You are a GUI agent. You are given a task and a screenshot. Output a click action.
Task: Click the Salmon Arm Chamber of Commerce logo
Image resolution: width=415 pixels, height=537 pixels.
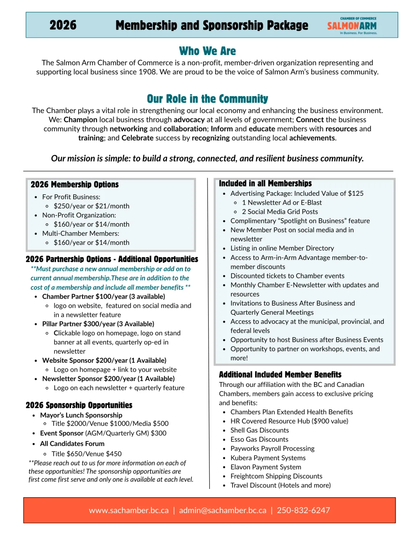pos(352,26)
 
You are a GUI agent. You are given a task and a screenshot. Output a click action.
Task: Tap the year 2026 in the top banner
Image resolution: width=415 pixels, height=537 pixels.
pos(63,25)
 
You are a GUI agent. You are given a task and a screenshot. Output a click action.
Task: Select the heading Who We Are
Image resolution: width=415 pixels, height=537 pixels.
pos(207,51)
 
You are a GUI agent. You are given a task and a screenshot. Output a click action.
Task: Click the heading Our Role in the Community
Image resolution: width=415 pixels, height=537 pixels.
pos(207,99)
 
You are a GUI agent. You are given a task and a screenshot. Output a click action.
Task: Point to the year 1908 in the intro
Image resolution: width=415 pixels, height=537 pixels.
pos(147,72)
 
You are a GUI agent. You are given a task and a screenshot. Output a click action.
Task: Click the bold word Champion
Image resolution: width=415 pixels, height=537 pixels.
pos(81,120)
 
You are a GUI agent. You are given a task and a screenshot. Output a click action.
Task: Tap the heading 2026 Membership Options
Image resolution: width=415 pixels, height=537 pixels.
pos(75,185)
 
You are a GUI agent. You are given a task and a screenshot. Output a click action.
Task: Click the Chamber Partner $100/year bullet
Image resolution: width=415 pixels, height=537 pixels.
pos(103,297)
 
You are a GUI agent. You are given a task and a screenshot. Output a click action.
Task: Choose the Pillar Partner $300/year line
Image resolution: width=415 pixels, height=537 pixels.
pos(98,324)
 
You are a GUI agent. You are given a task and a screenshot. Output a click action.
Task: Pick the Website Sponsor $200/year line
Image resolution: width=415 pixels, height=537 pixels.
pos(104,360)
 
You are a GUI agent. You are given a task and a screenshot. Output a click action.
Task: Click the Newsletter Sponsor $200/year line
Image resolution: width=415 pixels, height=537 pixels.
pos(108,379)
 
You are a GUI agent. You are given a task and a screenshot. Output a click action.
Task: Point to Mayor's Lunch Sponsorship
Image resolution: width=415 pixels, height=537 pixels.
pos(81,415)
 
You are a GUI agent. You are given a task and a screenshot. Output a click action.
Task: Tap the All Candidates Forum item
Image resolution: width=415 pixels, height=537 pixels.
pos(72,444)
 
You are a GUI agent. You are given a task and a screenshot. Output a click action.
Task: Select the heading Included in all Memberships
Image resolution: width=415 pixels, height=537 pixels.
pos(265,184)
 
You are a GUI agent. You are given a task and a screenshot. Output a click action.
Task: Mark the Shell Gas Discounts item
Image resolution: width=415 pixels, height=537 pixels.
pos(260,430)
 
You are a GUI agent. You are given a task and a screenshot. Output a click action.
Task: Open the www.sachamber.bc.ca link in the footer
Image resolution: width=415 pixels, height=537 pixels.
pos(129,510)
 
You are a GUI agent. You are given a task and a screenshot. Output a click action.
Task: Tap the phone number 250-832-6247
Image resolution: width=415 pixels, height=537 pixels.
pos(303,510)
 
